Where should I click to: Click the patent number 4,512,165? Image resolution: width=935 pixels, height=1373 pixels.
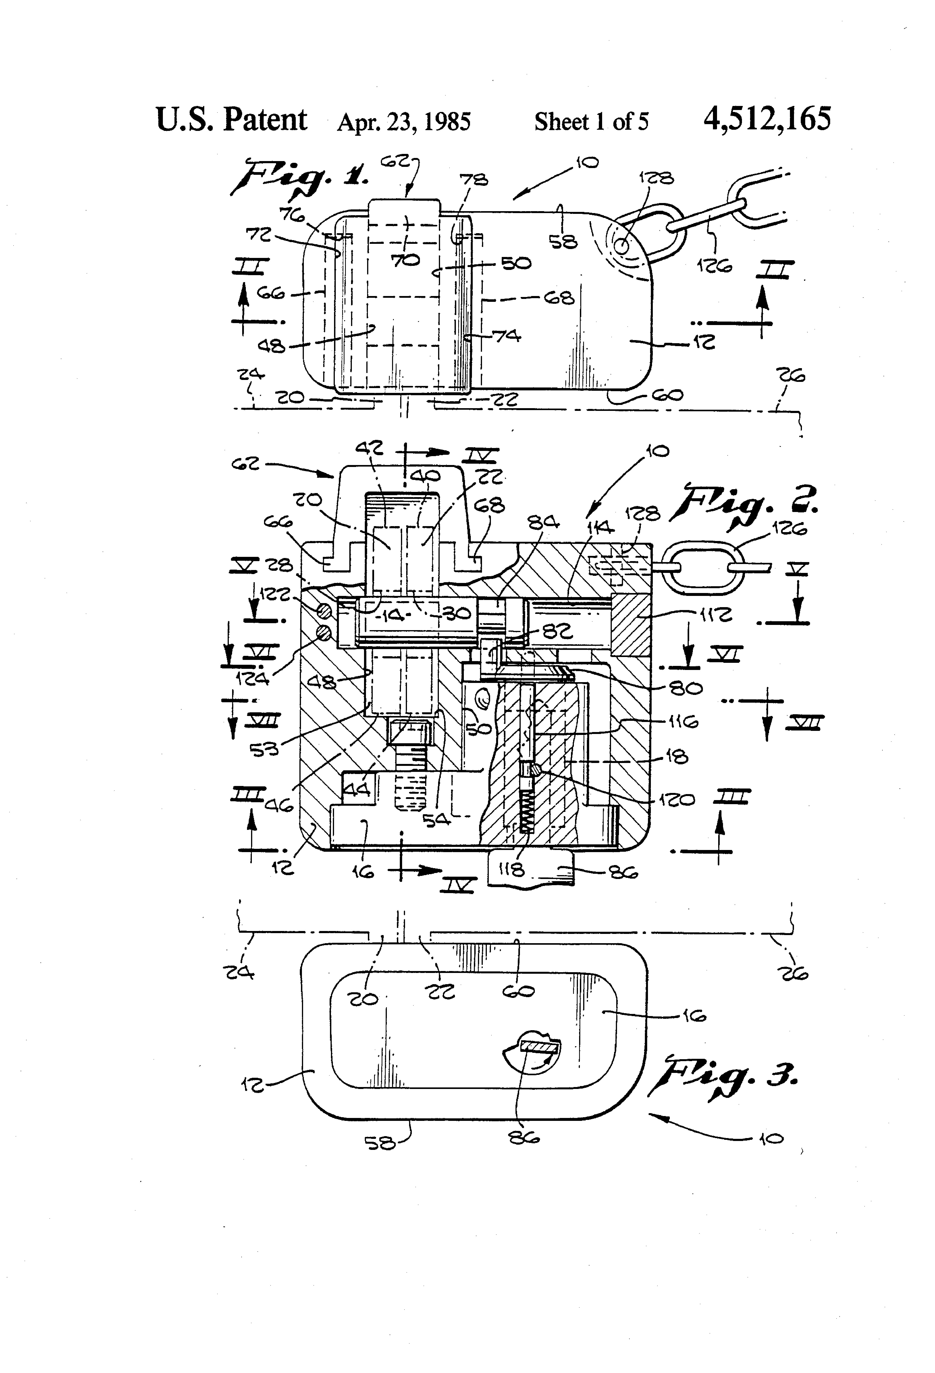tap(767, 119)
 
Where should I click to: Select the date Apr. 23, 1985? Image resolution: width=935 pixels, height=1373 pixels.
tap(404, 122)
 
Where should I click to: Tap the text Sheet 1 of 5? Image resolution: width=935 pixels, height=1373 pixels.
tap(591, 122)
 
